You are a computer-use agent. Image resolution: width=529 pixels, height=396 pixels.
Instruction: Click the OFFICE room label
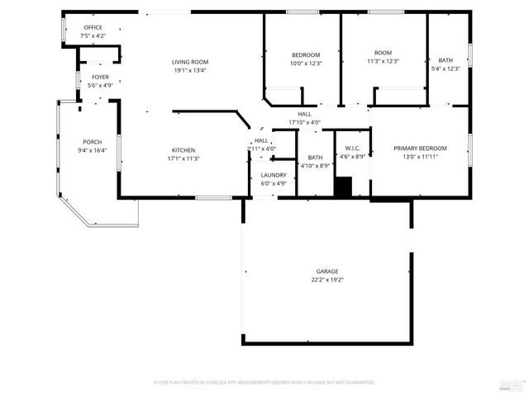(93, 27)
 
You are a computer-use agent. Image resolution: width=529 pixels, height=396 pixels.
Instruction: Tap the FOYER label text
(100, 77)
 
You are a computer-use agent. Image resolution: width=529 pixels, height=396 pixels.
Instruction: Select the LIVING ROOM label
(189, 62)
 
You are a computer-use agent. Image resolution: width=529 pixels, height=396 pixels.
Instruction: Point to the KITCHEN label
(183, 150)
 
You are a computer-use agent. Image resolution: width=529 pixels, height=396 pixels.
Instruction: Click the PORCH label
(92, 142)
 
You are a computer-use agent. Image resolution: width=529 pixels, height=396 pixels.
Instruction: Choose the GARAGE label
(326, 271)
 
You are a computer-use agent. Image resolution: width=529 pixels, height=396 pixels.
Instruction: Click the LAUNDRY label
(274, 175)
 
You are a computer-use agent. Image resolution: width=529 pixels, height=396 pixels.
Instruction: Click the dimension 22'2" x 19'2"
(326, 280)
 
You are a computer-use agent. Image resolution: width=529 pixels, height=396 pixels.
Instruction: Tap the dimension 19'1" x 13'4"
(189, 71)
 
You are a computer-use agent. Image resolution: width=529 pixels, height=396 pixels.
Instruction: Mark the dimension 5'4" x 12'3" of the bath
(446, 68)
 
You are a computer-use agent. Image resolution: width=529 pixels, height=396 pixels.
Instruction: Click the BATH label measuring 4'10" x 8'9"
(315, 157)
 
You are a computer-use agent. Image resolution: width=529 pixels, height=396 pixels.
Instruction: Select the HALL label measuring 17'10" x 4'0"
(304, 114)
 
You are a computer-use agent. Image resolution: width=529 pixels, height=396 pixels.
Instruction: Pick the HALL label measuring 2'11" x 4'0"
(261, 140)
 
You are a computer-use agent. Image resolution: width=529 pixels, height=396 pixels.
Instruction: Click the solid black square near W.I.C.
(342, 187)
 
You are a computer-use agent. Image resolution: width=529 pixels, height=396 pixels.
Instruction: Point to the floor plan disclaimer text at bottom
(264, 383)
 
